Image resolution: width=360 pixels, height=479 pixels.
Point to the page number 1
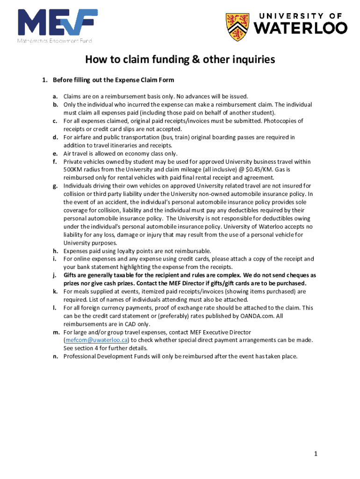point(316,454)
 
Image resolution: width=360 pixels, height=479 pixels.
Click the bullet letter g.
point(55,186)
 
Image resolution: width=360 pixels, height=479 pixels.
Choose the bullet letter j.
point(55,275)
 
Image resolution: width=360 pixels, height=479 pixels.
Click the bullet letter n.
point(55,356)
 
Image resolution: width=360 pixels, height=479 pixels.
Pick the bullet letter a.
point(55,96)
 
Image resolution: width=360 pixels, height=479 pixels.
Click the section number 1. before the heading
point(45,80)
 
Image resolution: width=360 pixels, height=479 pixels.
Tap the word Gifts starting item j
point(71,275)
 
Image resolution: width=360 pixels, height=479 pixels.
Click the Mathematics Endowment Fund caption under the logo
point(55,41)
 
